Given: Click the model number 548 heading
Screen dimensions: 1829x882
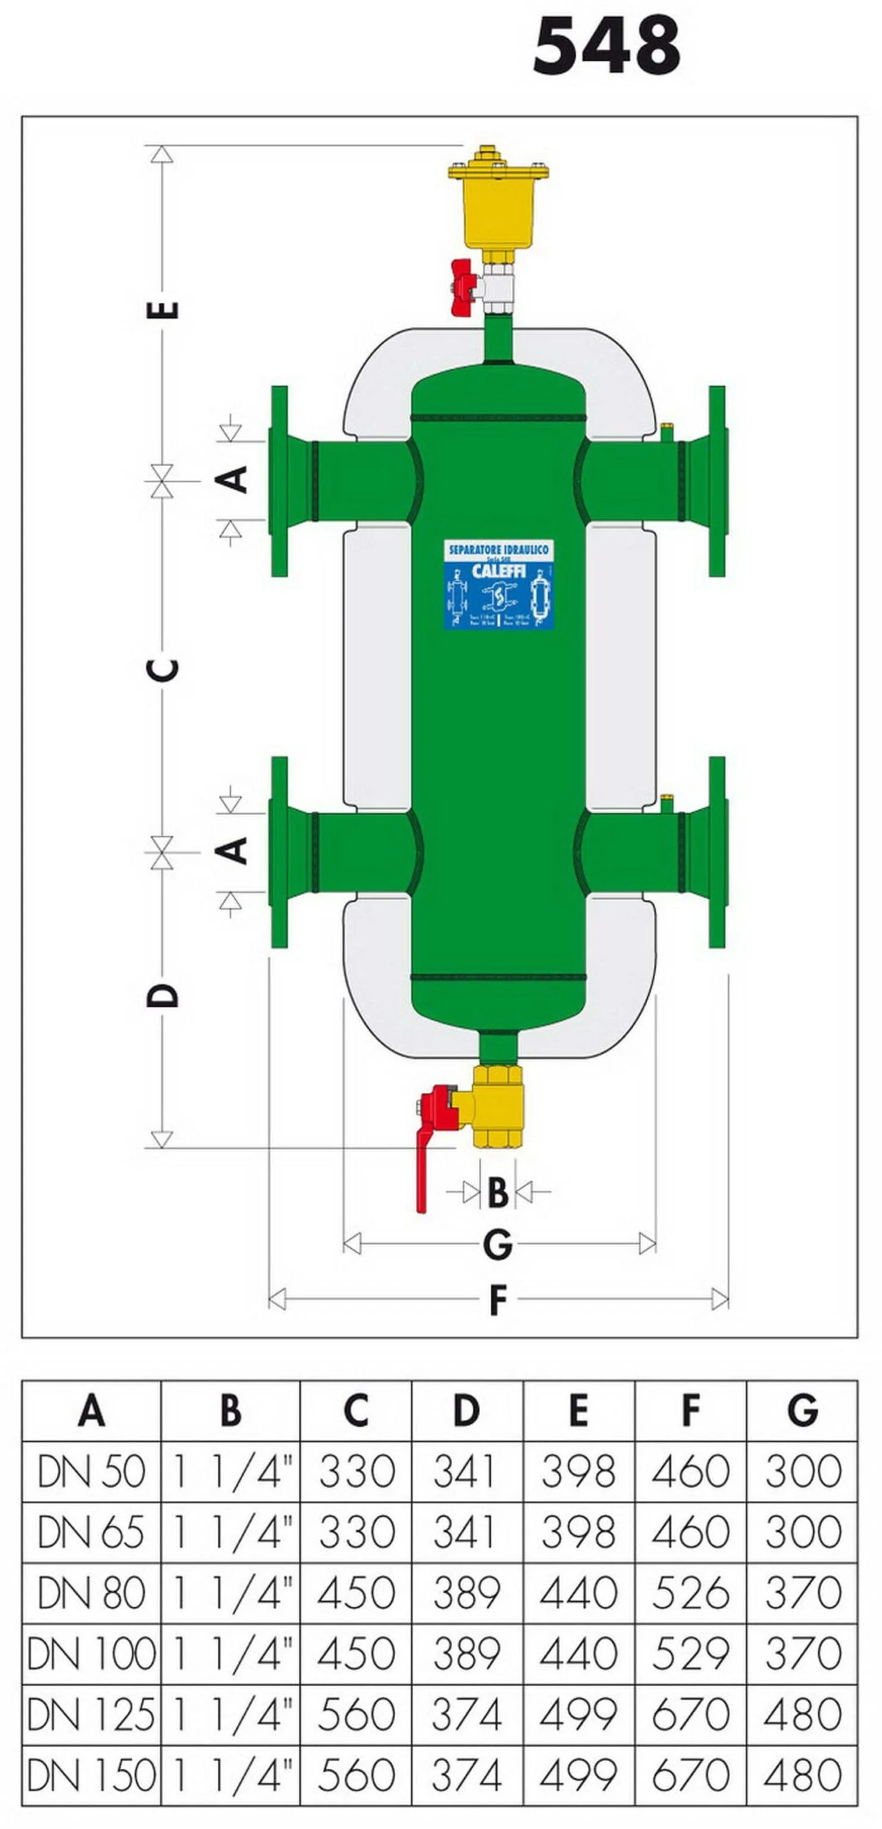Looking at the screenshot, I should (x=606, y=46).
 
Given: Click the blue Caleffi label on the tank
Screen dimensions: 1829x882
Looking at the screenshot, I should (x=498, y=585).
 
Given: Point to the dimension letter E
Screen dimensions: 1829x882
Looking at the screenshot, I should (x=163, y=309).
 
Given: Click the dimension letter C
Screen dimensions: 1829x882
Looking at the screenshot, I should (x=163, y=669).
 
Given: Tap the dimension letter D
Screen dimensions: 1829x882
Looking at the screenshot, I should (x=163, y=995).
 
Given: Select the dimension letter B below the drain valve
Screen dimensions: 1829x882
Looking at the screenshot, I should (x=497, y=1192).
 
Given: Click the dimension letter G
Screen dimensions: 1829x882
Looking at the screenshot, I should (x=497, y=1245).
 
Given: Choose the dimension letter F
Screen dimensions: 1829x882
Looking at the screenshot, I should (x=498, y=1300).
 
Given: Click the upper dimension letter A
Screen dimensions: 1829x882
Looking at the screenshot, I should (x=233, y=479).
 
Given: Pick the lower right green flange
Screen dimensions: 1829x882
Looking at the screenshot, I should (x=716, y=852).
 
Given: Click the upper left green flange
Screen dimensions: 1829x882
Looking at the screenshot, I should (x=279, y=481).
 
